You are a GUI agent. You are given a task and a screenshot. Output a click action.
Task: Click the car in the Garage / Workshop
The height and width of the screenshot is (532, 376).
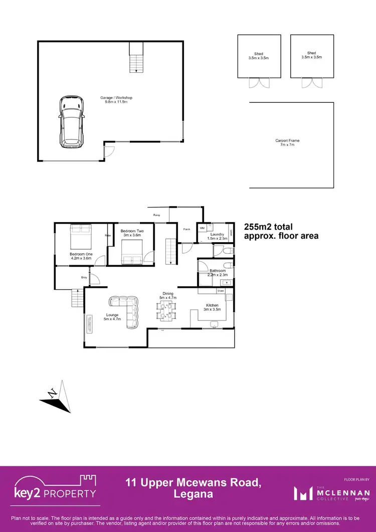pyautogui.click(x=72, y=122)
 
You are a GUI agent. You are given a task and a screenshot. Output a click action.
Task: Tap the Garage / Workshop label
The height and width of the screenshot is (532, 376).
pyautogui.click(x=116, y=100)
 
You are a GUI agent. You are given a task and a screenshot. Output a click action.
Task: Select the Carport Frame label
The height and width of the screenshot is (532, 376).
pyautogui.click(x=287, y=143)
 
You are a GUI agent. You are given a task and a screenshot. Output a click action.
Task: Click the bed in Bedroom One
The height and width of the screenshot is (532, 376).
pyautogui.click(x=81, y=236)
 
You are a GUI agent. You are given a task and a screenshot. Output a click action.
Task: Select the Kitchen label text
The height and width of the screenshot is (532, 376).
pyautogui.click(x=212, y=305)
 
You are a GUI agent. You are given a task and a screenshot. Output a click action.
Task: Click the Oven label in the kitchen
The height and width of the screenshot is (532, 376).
pyautogui.click(x=221, y=291)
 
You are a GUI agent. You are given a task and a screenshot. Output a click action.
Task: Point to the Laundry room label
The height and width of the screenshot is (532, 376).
pyautogui.click(x=217, y=234)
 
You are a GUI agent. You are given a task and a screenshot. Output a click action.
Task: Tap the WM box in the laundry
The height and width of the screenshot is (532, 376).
pyautogui.click(x=203, y=228)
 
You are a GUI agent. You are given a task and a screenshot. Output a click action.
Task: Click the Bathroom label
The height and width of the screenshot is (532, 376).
pyautogui.click(x=218, y=271)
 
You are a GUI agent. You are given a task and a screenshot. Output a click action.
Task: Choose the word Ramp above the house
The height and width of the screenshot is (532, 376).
pyautogui.click(x=156, y=215)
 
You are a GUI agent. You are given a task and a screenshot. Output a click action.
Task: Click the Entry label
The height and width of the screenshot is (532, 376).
pyautogui.click(x=84, y=277)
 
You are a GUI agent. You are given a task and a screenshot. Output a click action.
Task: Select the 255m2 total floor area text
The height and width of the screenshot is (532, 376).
pyautogui.click(x=280, y=231)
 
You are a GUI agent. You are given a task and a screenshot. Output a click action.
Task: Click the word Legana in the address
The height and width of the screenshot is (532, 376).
pyautogui.click(x=193, y=494)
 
